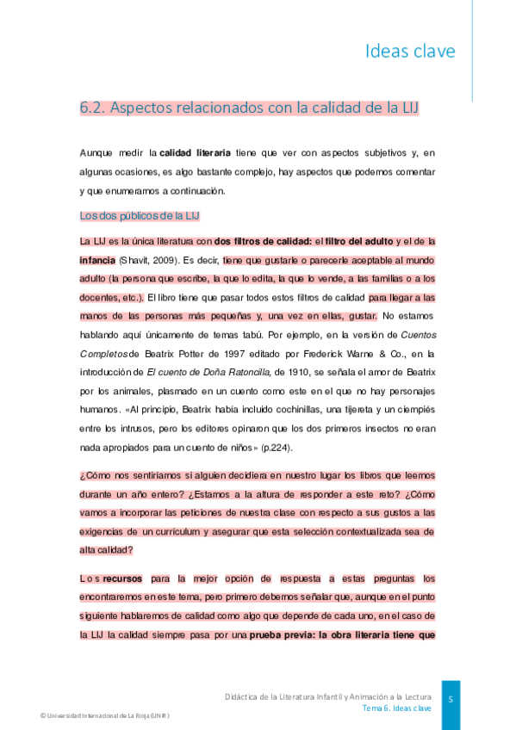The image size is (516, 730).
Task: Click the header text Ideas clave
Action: click(x=410, y=51)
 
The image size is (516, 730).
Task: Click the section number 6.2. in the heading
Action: click(x=92, y=108)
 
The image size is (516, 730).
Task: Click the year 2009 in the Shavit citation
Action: click(x=165, y=259)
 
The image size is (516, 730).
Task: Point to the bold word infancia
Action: click(x=97, y=259)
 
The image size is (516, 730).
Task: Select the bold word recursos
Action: click(x=122, y=578)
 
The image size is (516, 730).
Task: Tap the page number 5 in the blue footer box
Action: click(x=451, y=699)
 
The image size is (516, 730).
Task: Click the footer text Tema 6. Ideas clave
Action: click(x=396, y=708)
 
